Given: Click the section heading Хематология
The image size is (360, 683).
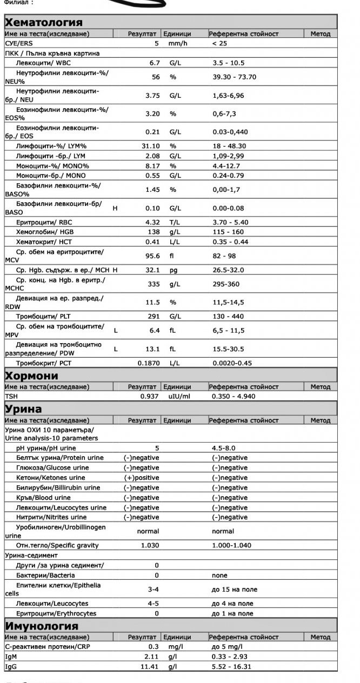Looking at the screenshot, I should [44, 22].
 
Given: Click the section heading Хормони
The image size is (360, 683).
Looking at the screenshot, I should [31, 375].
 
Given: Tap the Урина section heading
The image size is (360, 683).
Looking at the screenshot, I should [23, 409].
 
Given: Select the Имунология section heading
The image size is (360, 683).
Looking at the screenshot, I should [42, 626].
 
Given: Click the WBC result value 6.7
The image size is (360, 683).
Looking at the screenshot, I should [154, 63].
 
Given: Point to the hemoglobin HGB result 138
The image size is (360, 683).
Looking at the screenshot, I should [154, 232].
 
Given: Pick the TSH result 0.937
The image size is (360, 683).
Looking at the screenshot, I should [150, 396].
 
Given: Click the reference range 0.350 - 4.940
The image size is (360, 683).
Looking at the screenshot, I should [234, 396].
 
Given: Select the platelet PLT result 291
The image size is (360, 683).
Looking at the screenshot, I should [154, 317].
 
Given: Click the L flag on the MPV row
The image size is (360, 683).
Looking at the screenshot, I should [116, 330].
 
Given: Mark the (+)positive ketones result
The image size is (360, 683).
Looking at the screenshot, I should [142, 478].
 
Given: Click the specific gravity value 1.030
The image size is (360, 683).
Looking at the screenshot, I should [150, 545].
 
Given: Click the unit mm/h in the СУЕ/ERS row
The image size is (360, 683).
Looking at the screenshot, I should [177, 43].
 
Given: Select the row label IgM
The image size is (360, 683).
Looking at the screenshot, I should [12, 657].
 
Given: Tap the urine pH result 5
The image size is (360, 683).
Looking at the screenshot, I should [157, 448].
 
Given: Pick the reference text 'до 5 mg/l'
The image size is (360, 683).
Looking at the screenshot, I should [227, 647].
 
